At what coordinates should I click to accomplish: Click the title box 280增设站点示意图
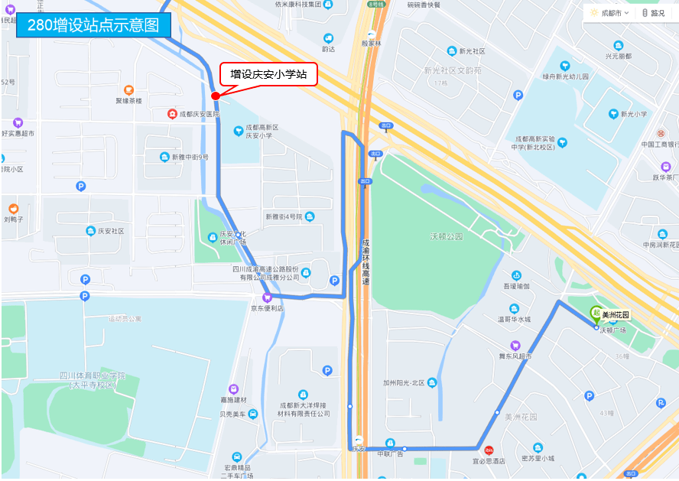[x=93, y=24]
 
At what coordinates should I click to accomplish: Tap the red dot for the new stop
[x=216, y=96]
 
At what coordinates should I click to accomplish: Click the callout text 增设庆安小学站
[x=268, y=74]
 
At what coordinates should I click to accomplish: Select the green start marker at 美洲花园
[x=596, y=312]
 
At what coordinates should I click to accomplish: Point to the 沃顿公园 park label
[x=446, y=237]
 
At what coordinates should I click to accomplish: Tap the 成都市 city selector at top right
[x=611, y=13]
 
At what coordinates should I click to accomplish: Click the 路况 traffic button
[x=654, y=13]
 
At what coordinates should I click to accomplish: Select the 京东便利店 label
[x=267, y=308]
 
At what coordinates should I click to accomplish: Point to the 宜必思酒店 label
[x=489, y=461]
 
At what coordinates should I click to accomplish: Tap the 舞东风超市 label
[x=515, y=356]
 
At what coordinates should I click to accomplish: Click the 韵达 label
[x=328, y=49]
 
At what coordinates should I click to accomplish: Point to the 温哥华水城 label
[x=514, y=319]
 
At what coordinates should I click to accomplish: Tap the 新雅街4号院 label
[x=284, y=216]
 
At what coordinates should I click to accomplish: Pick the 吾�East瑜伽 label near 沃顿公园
[x=516, y=286]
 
